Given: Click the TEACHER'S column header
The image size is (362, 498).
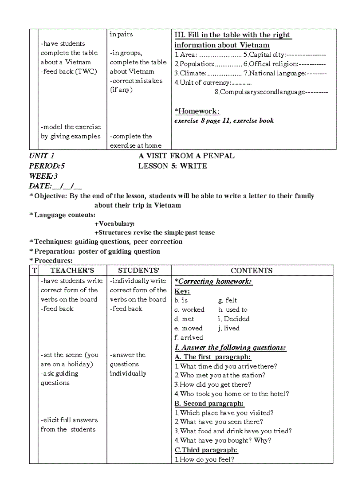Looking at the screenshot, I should pos(72,271).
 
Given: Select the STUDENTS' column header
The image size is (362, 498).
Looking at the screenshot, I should pos(138,271).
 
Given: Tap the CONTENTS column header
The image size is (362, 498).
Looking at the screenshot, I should pos(252,271).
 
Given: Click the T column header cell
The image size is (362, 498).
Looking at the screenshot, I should pos(34,271).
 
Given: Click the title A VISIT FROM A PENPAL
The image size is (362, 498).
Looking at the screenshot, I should pos(186,156).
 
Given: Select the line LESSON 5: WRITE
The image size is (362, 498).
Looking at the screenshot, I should pos(173,166).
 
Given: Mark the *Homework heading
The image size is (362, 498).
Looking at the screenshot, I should pos(197,111).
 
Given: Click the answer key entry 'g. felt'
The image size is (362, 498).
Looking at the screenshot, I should pos(227,300).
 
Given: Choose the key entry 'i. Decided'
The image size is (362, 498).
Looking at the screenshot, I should pos(233,319).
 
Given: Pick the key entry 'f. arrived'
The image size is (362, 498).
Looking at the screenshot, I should pos(189,337).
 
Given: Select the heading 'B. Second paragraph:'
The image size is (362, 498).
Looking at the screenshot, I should pos(209,404).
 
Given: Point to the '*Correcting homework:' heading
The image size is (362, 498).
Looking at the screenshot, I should pos(213,282).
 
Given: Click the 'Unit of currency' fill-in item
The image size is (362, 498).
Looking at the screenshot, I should pos(213,82).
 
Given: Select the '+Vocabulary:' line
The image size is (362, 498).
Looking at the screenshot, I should pos(114,224).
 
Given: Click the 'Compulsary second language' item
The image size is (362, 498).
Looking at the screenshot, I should pos(271,92).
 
